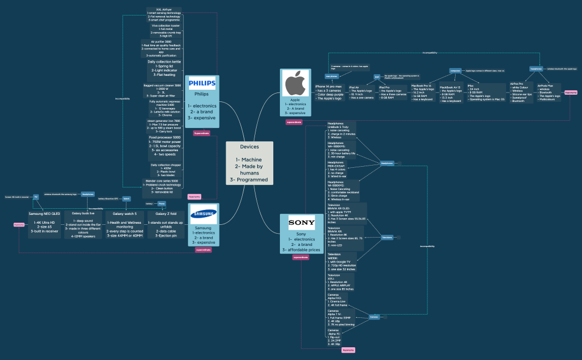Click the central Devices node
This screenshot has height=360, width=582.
pyautogui.click(x=249, y=163)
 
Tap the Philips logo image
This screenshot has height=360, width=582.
pyautogui.click(x=202, y=83)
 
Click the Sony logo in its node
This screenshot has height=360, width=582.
pyautogui.click(x=302, y=223)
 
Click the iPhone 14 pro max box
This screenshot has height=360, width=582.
pyautogui.click(x=329, y=92)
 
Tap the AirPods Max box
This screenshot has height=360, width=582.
pyautogui.click(x=549, y=93)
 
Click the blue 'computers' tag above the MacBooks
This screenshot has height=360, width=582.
pyautogui.click(x=455, y=71)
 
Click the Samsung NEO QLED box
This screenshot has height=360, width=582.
pyautogui.click(x=44, y=224)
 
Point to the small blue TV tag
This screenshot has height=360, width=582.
pyautogui.click(x=35, y=197)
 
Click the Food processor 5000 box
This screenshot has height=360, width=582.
pyautogui.click(x=165, y=146)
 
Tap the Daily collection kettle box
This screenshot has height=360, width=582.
pyautogui.click(x=164, y=68)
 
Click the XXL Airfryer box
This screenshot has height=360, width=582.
pyautogui.click(x=164, y=14)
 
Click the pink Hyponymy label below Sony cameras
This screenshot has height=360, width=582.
pyautogui.click(x=348, y=350)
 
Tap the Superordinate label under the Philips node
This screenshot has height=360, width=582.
pyautogui.click(x=202, y=133)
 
